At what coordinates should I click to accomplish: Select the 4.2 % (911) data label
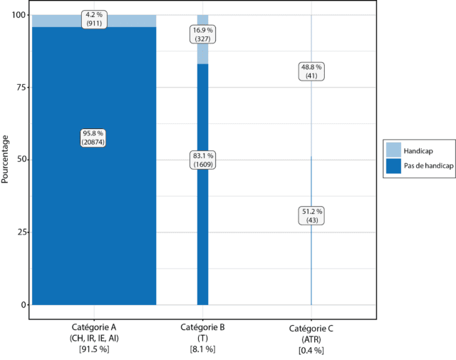click(93, 18)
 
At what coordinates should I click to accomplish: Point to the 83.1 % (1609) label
click(203, 160)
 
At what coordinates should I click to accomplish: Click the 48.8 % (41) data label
click(311, 72)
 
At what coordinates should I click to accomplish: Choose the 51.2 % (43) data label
click(311, 216)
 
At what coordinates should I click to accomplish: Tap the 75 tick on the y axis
click(19, 87)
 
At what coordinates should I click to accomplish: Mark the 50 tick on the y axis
click(19, 160)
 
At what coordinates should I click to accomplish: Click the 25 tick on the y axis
click(19, 232)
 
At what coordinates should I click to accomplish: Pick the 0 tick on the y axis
click(22, 305)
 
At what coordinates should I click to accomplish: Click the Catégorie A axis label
click(93, 327)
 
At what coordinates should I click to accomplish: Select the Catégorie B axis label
click(203, 327)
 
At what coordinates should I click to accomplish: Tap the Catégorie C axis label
click(311, 329)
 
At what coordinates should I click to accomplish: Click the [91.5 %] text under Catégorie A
click(93, 349)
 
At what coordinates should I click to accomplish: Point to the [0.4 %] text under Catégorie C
click(311, 350)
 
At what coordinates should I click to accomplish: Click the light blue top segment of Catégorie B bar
click(203, 53)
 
